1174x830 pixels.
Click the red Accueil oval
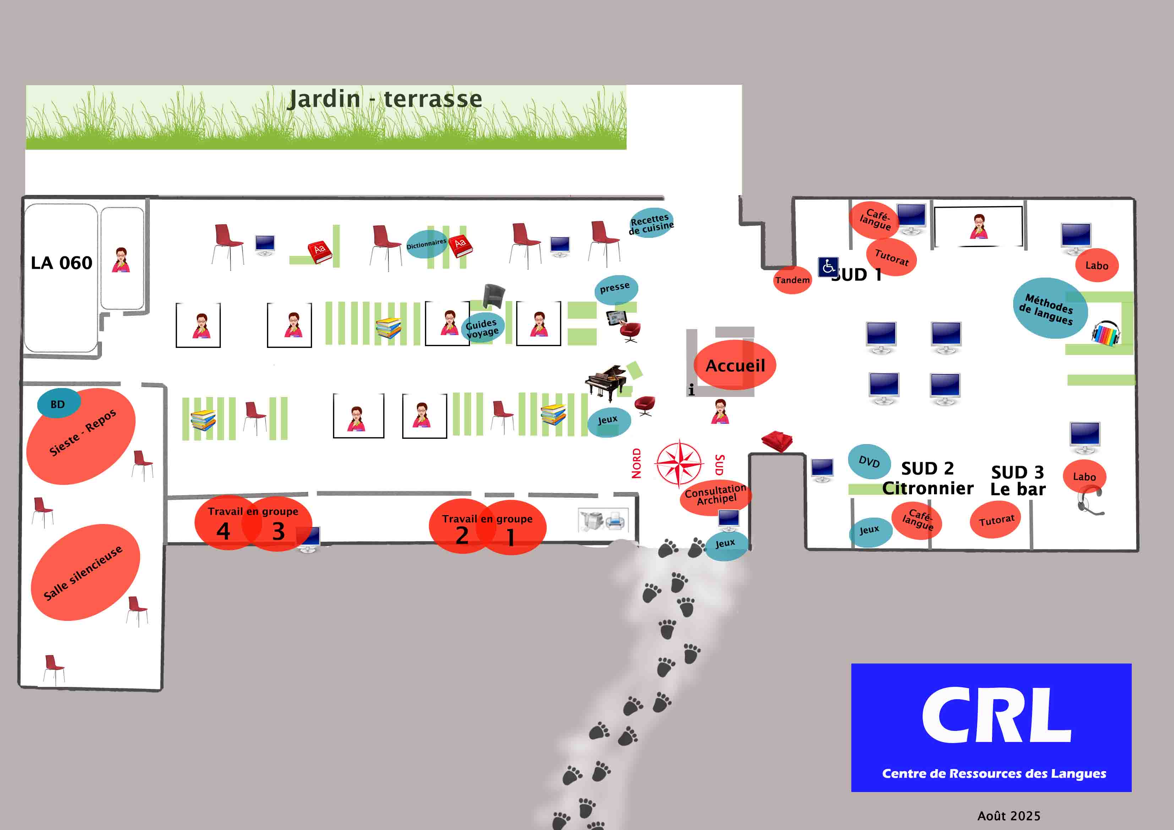click(735, 365)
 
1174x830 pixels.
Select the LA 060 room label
click(61, 263)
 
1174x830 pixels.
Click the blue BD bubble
click(58, 404)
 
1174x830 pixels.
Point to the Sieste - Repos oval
click(81, 436)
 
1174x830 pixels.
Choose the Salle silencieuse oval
click(86, 572)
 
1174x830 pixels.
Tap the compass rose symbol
click(679, 463)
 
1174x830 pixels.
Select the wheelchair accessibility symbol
click(828, 267)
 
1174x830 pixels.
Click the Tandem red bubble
click(792, 280)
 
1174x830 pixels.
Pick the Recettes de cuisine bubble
click(651, 223)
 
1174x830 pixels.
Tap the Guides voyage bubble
click(482, 328)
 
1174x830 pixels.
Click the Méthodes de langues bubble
click(1050, 308)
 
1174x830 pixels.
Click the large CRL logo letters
click(996, 715)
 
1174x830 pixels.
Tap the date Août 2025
click(1009, 816)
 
